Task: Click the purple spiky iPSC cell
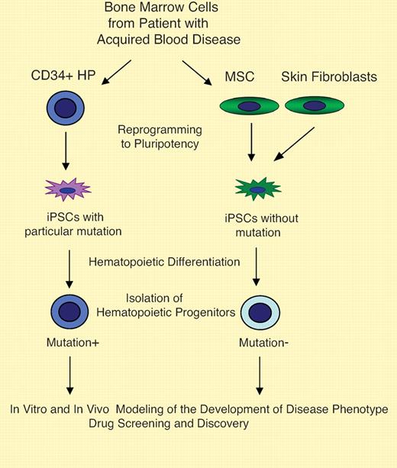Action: tap(68, 189)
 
